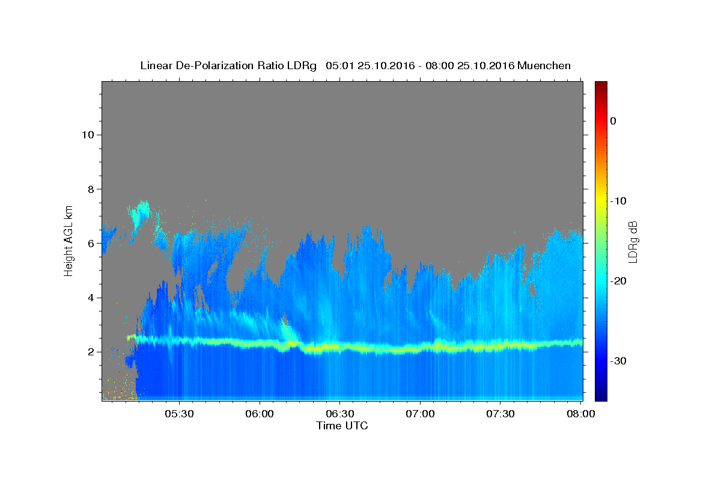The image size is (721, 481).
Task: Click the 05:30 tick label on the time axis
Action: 179,414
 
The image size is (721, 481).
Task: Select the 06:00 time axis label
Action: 260,414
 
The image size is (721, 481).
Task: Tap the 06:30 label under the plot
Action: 340,414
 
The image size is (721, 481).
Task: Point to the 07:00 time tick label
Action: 420,414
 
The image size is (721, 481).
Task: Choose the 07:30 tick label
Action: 500,414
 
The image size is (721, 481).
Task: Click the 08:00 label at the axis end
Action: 580,414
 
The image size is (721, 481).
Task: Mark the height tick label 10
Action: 88,135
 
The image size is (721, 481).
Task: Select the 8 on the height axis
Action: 91,189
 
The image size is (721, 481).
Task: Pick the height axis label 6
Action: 91,244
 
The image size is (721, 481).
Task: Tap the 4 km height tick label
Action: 91,298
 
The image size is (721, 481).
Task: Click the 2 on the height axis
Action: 91,352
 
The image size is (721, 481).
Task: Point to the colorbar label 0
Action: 613,121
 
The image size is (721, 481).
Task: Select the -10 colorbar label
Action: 618,201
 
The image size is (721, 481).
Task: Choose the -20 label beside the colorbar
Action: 618,281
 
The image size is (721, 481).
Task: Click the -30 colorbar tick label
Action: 618,361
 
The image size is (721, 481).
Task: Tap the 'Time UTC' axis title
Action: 342,426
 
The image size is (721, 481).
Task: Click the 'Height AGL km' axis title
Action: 68,241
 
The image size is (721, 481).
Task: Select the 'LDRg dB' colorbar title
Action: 633,242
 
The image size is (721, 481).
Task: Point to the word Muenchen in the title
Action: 544,66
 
